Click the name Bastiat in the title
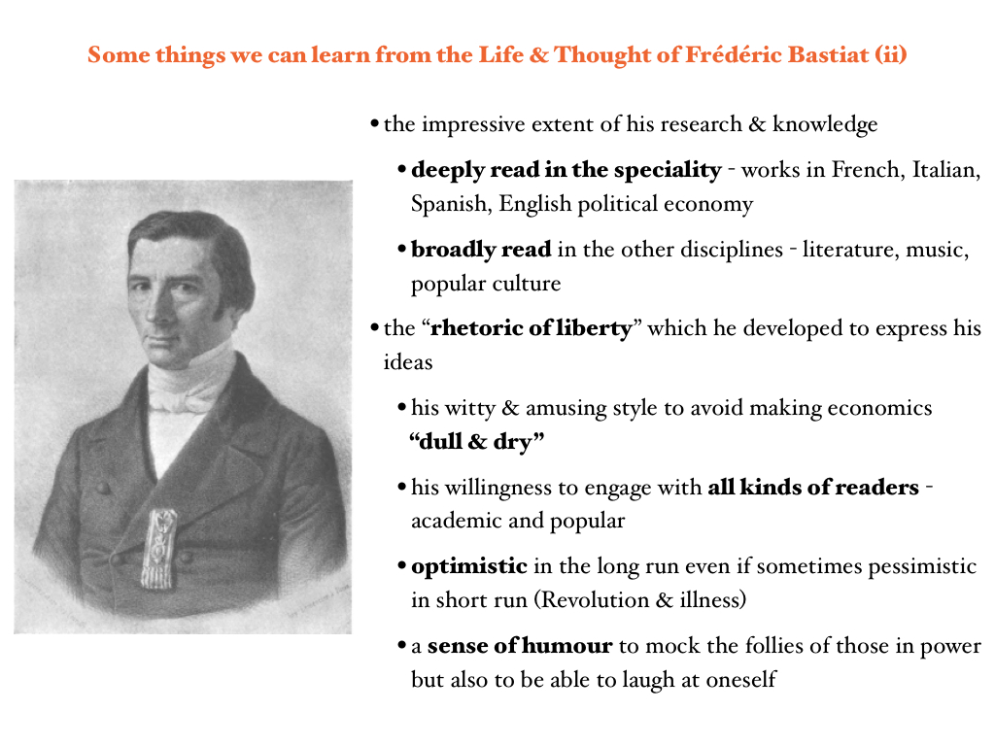(x=828, y=55)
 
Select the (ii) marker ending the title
(x=891, y=55)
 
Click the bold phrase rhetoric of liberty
(x=532, y=328)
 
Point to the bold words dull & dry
(x=477, y=441)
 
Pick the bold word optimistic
(x=469, y=566)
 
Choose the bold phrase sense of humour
(x=520, y=646)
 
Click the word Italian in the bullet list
(x=946, y=170)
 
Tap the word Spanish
(x=452, y=204)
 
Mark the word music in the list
(x=938, y=250)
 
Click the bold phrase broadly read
(x=481, y=250)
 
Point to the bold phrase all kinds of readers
(x=813, y=488)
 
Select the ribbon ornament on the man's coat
(x=158, y=549)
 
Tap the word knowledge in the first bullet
(x=825, y=125)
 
